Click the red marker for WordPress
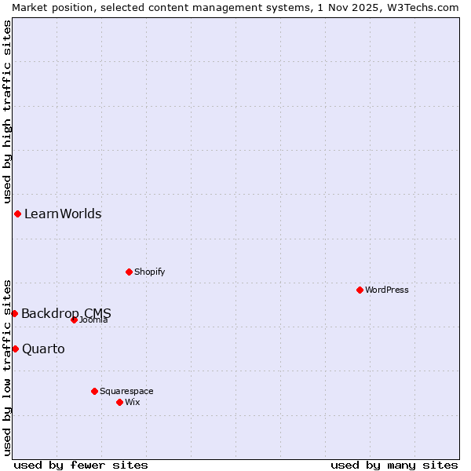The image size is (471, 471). click(x=360, y=290)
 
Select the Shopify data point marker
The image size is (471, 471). click(x=129, y=272)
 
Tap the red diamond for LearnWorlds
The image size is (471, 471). click(x=17, y=214)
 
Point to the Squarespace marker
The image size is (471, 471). click(x=94, y=391)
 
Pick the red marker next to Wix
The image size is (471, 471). click(x=119, y=402)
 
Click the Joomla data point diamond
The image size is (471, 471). click(x=74, y=319)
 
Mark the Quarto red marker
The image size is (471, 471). click(x=15, y=349)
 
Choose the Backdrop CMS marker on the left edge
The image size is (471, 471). click(x=14, y=313)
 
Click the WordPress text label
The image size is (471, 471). click(x=387, y=290)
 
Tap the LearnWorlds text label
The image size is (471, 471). click(x=63, y=214)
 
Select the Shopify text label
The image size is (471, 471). click(x=149, y=272)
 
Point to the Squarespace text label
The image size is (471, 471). click(x=126, y=391)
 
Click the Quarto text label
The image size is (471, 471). click(x=43, y=349)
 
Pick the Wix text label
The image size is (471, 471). click(x=133, y=402)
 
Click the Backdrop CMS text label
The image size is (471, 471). click(x=66, y=313)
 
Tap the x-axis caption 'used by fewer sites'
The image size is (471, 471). click(x=81, y=465)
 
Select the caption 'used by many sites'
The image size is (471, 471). click(x=394, y=465)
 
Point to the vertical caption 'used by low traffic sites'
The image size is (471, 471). click(x=7, y=367)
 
